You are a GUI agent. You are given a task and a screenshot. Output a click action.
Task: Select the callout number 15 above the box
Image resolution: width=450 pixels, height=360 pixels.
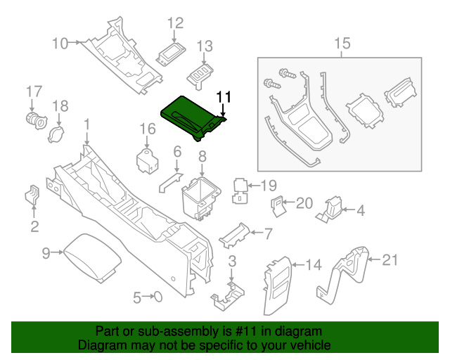[x=342, y=44]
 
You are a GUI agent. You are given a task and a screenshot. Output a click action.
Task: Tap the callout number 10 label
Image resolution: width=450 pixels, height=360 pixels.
[x=60, y=44]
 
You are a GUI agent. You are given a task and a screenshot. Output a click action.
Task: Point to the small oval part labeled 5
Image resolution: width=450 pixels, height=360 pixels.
[x=158, y=297]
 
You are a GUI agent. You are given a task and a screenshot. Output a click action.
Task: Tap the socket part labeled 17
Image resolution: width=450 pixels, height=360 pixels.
[x=33, y=120]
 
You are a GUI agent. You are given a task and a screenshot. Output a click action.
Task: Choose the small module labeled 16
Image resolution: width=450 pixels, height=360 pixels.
[x=148, y=159]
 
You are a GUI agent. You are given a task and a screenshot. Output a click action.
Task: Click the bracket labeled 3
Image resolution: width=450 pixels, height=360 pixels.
[x=229, y=295]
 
